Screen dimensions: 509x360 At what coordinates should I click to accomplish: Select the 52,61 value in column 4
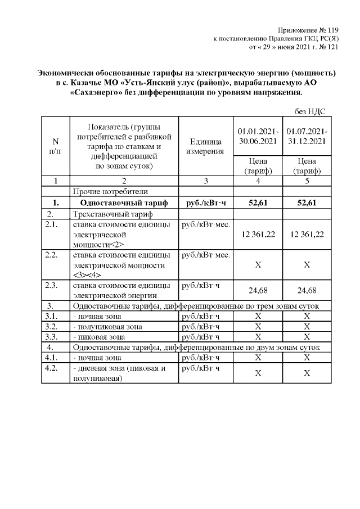click(256, 202)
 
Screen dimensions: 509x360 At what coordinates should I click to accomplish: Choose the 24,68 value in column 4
click(256, 290)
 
